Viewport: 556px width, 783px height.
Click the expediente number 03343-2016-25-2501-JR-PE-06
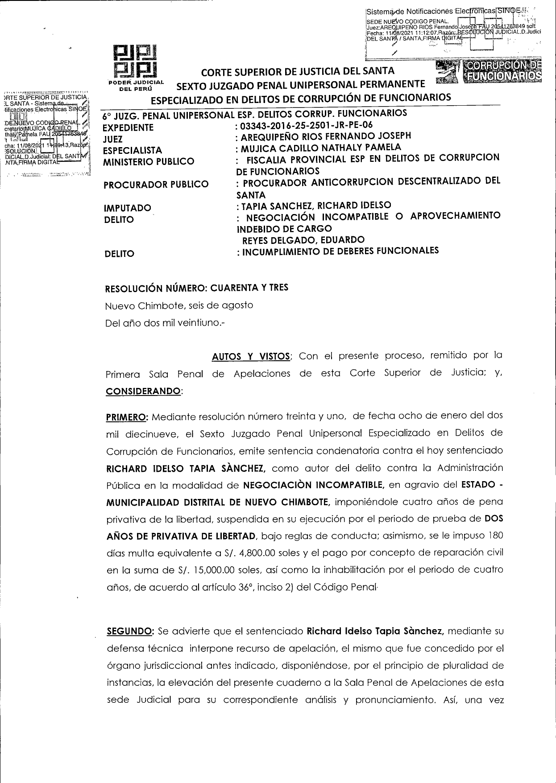tap(307, 125)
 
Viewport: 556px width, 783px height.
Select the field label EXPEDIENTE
tap(128, 128)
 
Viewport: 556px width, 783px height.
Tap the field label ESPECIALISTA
tap(133, 150)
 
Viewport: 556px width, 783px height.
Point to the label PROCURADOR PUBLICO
tap(156, 184)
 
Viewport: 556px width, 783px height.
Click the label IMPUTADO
tap(128, 208)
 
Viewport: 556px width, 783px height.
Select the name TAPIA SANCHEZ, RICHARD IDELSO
tap(316, 206)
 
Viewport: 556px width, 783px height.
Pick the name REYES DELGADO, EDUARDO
tap(303, 240)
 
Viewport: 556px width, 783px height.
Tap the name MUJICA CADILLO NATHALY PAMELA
tap(321, 148)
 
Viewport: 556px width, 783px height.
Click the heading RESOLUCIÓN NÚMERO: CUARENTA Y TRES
tap(196, 288)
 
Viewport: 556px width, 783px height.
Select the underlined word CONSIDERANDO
tap(144, 391)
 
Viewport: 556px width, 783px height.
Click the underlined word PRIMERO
tap(127, 417)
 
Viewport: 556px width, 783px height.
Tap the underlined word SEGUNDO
tap(130, 631)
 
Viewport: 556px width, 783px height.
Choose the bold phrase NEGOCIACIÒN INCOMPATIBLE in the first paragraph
tap(314, 485)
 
